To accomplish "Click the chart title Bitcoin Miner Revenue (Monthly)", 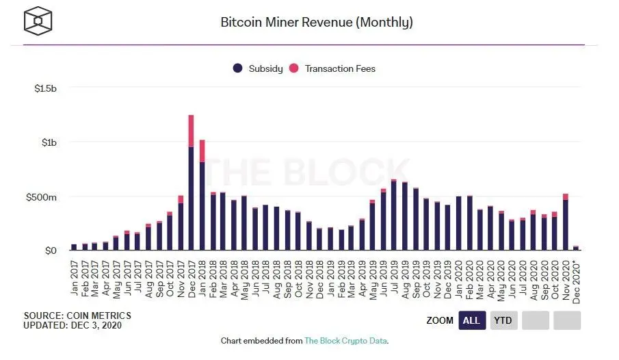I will pyautogui.click(x=316, y=22).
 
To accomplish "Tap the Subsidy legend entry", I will pyautogui.click(x=257, y=68).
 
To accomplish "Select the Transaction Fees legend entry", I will pyautogui.click(x=332, y=68).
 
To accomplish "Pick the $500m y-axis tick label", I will pyautogui.click(x=42, y=196).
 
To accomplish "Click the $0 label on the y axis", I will pyautogui.click(x=51, y=250).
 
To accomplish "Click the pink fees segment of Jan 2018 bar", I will pyautogui.click(x=202, y=151).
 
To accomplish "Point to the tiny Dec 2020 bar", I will pyautogui.click(x=576, y=248).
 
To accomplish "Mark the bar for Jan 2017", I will pyautogui.click(x=74, y=246).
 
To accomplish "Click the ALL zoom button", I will pyautogui.click(x=472, y=320).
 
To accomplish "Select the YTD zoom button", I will pyautogui.click(x=503, y=320).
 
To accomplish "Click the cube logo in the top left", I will pyautogui.click(x=38, y=21).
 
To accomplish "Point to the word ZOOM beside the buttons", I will pyautogui.click(x=439, y=320).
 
